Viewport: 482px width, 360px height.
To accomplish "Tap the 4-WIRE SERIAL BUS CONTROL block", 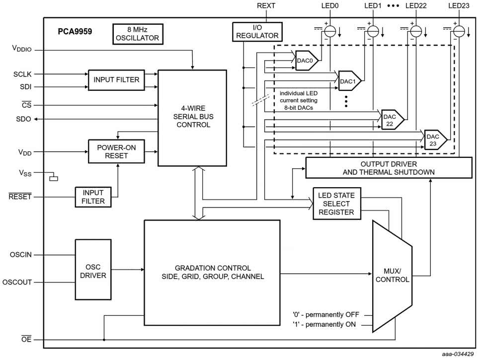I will [192, 117].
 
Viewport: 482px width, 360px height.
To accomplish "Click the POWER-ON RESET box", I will [116, 151].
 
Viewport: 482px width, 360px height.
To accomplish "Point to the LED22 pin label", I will [416, 5].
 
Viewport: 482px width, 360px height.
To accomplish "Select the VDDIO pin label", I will [22, 49].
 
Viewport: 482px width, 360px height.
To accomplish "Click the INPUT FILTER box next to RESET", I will [93, 196].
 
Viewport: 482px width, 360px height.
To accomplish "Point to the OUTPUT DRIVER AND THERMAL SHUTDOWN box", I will [388, 168].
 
